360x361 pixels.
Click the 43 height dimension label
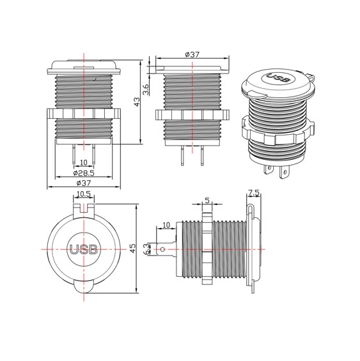pyautogui.click(x=137, y=102)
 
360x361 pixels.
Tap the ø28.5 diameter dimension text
pyautogui.click(x=84, y=173)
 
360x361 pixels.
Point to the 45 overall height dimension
pyautogui.click(x=133, y=248)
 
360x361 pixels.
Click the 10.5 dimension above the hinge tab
pyautogui.click(x=83, y=194)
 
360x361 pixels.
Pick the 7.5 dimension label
pyautogui.click(x=254, y=192)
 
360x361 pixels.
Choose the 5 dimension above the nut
pyautogui.click(x=207, y=201)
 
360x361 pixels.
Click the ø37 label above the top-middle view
pyautogui.click(x=192, y=54)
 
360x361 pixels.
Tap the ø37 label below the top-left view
pyautogui.click(x=84, y=183)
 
